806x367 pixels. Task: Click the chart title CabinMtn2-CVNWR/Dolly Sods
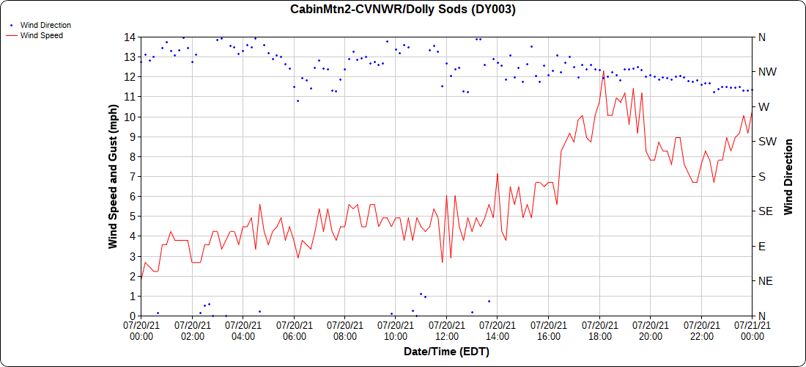pyautogui.click(x=403, y=10)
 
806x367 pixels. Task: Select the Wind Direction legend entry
pyautogui.click(x=45, y=25)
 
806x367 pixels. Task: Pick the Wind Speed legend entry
pyautogui.click(x=41, y=34)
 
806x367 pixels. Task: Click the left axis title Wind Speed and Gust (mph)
pyautogui.click(x=113, y=176)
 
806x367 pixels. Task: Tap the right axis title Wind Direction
pyautogui.click(x=788, y=176)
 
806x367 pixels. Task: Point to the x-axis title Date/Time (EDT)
pyautogui.click(x=446, y=352)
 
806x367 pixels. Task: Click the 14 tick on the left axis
pyautogui.click(x=130, y=37)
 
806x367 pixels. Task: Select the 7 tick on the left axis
pyautogui.click(x=133, y=176)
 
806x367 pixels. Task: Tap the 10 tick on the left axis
pyautogui.click(x=130, y=117)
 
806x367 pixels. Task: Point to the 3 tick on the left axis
pyautogui.click(x=133, y=256)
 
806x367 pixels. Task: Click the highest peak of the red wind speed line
pyautogui.click(x=603, y=71)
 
